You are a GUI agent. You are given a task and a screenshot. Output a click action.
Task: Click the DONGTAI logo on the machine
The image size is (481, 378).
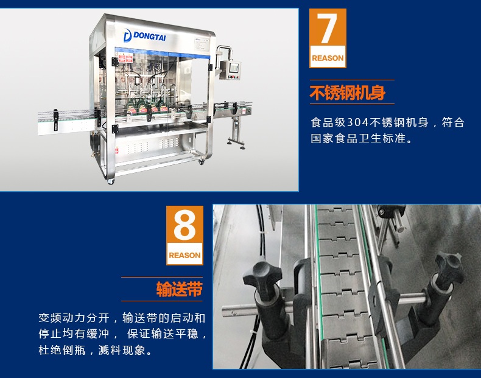click(144, 35)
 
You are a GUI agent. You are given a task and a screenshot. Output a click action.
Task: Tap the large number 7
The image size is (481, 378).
click(327, 29)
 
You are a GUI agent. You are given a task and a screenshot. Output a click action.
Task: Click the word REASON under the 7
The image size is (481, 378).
click(328, 58)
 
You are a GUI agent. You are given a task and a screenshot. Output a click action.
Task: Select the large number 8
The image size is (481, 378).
click(184, 226)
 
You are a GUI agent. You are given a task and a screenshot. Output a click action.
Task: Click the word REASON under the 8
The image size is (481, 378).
click(184, 255)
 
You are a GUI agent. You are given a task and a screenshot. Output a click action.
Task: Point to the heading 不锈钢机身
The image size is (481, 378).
click(347, 93)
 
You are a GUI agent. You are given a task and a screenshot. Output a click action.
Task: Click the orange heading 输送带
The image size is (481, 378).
click(180, 289)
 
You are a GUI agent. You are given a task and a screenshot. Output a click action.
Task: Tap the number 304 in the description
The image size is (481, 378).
click(357, 122)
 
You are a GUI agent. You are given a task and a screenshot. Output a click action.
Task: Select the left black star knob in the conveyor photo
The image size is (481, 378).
click(261, 274)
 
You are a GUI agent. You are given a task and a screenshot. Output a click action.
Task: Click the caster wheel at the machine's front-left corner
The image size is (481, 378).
click(110, 181)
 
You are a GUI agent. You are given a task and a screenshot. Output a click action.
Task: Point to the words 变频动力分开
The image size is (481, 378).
click(74, 318)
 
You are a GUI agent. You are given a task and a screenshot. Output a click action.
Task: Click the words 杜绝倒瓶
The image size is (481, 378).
click(62, 350)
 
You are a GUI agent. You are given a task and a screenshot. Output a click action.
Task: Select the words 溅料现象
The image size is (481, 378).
click(122, 350)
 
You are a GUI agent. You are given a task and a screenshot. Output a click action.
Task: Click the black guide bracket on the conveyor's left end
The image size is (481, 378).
click(55, 119)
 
